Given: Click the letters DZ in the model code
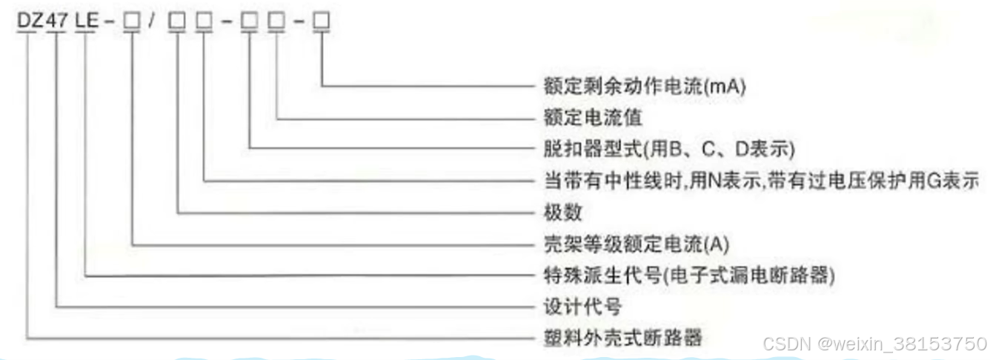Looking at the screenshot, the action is click(x=31, y=22).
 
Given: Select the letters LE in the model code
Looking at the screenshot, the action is click(x=87, y=22).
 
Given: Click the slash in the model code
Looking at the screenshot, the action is click(x=152, y=23).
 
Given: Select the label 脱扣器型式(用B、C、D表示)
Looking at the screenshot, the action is click(x=665, y=149).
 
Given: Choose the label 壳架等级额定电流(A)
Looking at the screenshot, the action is click(x=627, y=244).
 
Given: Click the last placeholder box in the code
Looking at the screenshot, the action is click(x=322, y=23).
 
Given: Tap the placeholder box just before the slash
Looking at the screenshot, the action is click(x=132, y=23).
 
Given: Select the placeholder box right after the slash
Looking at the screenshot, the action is click(x=177, y=23).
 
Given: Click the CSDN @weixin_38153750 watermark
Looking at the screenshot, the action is click(x=874, y=344).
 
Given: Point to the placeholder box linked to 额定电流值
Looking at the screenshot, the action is click(x=278, y=23).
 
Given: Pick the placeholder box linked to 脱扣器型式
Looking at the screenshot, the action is click(x=250, y=23).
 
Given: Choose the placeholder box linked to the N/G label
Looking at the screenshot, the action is click(x=205, y=23).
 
